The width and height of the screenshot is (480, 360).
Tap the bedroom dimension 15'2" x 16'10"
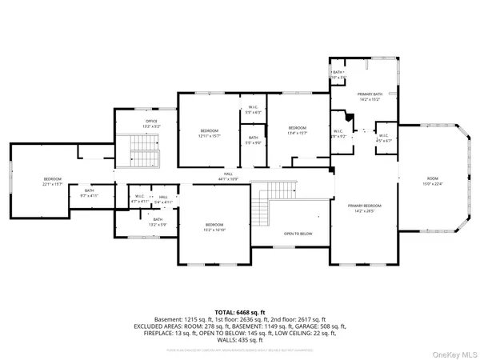[214, 229]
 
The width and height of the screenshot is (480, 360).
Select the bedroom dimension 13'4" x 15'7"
[298, 132]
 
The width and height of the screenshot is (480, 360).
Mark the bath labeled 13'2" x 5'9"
[158, 224]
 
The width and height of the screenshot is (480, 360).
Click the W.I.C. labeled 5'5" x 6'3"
[254, 112]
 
